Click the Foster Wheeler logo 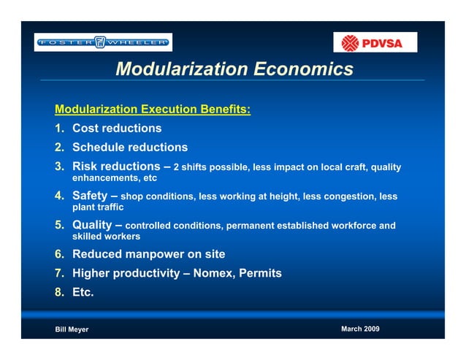tap(103, 42)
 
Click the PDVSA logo tap(375, 42)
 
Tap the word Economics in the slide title tap(302, 69)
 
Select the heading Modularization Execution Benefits tap(153, 110)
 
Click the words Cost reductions tap(117, 129)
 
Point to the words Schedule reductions tap(130, 148)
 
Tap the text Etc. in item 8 tap(83, 293)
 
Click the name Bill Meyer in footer tap(72, 330)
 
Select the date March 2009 tap(360, 329)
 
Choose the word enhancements tap(103, 178)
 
